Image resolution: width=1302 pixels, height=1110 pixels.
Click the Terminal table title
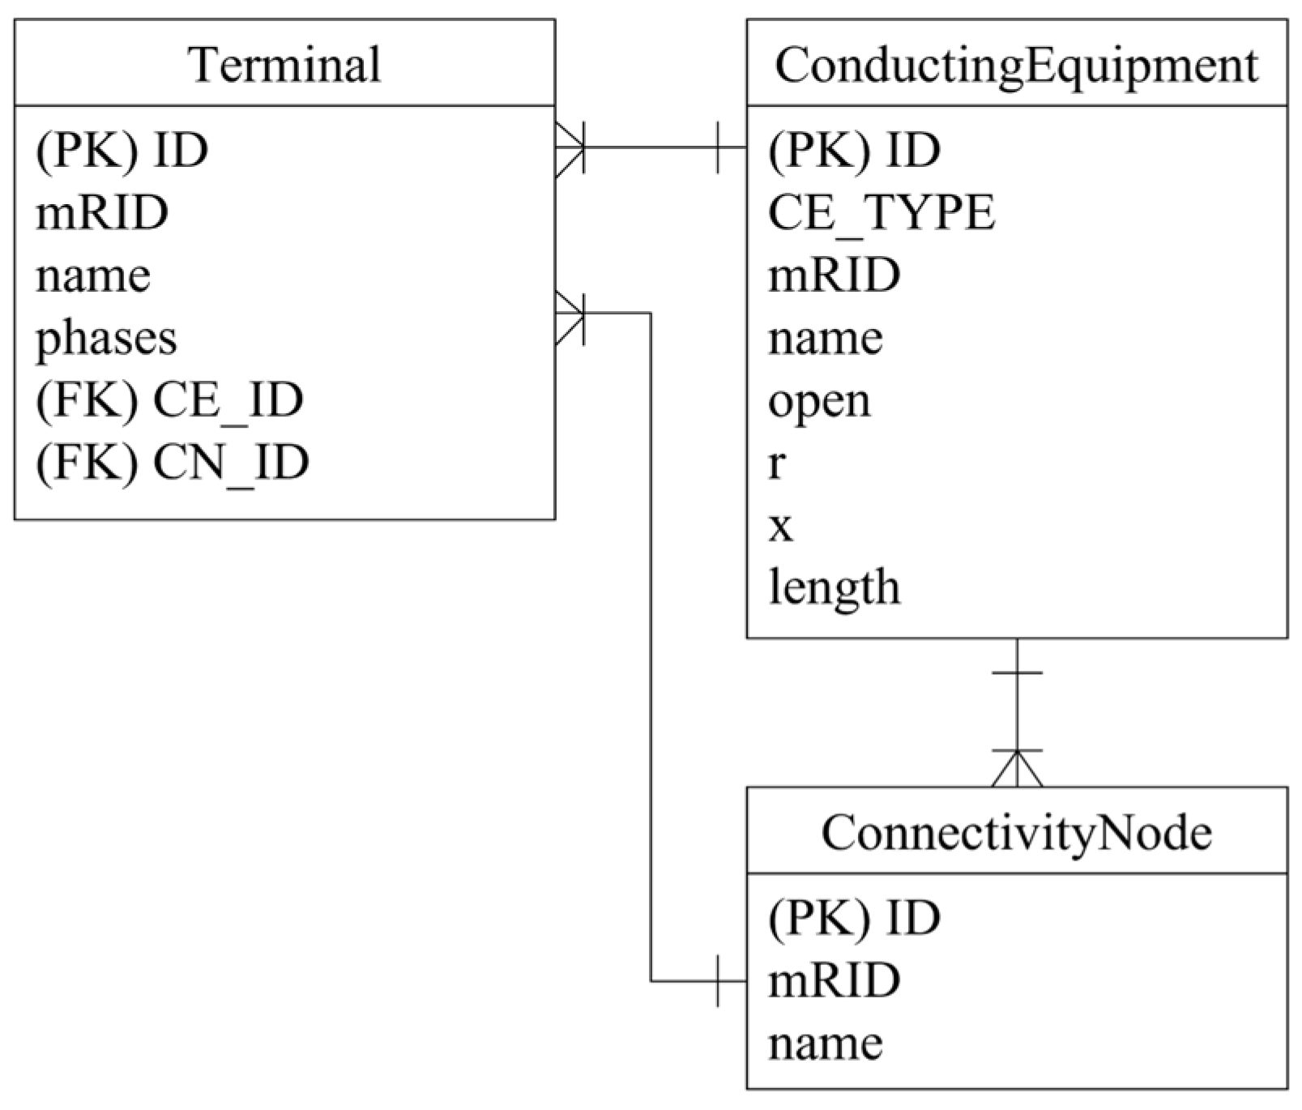coord(284,65)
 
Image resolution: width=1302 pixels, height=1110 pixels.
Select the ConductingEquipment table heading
coord(1016,65)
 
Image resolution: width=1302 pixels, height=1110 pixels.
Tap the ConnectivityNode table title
coord(1016,832)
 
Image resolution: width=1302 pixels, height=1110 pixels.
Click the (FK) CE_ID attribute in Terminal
coord(169,399)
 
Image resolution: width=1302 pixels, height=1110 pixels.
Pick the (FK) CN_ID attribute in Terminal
coord(172,462)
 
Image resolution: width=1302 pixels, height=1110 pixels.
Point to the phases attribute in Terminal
coord(106,338)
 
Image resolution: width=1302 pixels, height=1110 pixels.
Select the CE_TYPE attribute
coord(882,212)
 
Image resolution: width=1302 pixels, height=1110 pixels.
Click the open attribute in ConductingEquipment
coord(819,400)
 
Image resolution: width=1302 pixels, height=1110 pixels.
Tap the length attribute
coord(834,587)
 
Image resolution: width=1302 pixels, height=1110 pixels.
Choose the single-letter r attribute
coord(776,463)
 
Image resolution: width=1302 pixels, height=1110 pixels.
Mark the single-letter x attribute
coord(780,526)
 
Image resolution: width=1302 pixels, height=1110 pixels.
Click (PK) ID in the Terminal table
coord(122,150)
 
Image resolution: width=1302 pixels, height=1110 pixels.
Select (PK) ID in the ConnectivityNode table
coord(854,917)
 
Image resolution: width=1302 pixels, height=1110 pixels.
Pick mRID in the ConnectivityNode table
coord(834,980)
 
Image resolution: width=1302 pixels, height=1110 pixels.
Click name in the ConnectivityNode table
coord(825,1043)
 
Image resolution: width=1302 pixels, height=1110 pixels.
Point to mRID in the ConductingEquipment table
coord(834,275)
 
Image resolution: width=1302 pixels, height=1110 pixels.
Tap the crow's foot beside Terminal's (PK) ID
coord(570,148)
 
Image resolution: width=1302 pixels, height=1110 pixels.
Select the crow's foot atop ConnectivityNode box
coord(1017,768)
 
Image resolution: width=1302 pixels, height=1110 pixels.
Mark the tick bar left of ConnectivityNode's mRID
coord(718,981)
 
